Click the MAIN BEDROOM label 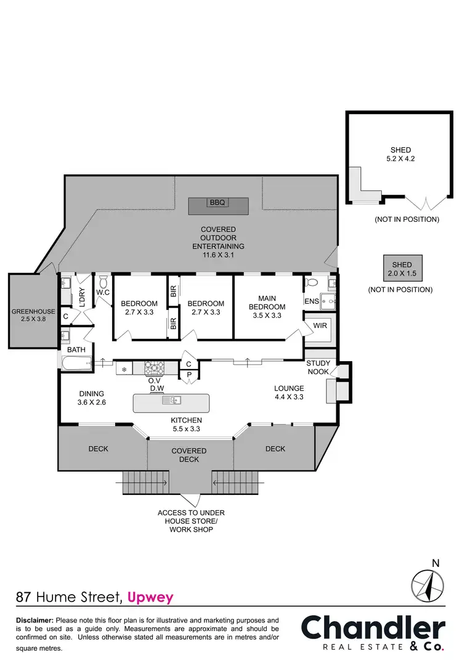click(267, 306)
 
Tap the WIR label click(320, 324)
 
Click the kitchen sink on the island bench click(171, 401)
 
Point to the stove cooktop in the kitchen click(154, 368)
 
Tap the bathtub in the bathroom click(77, 364)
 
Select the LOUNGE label click(289, 388)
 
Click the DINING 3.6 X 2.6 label click(91, 398)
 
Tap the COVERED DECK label click(188, 455)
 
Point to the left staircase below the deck click(145, 482)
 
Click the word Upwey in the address click(152, 597)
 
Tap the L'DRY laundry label click(81, 298)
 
